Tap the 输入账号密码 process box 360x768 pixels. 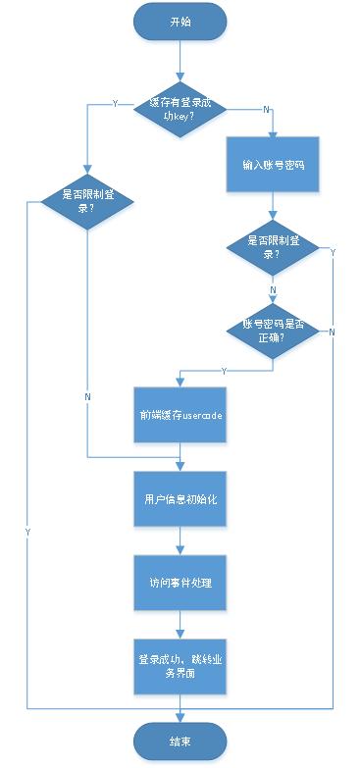[x=274, y=165]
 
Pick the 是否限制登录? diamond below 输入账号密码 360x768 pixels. [x=274, y=247]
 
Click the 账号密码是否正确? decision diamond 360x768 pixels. [x=274, y=331]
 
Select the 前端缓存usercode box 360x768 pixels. [x=180, y=414]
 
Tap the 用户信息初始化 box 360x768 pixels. [x=180, y=499]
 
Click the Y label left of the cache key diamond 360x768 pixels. [x=116, y=103]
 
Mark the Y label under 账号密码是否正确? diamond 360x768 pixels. [x=226, y=371]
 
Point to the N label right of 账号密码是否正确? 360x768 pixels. [x=332, y=333]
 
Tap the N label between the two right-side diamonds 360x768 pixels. [x=273, y=291]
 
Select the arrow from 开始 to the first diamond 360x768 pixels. [x=180, y=59]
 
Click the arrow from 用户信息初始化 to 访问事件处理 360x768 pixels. [x=180, y=541]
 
